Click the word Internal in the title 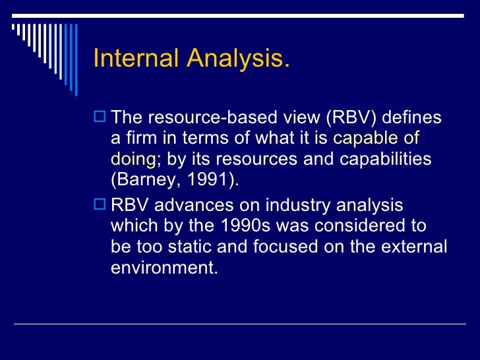point(136,59)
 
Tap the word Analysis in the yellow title point(238,59)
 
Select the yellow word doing point(133,160)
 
